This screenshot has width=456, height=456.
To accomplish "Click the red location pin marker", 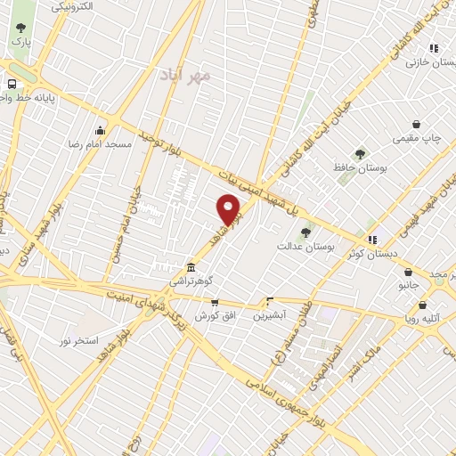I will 230,210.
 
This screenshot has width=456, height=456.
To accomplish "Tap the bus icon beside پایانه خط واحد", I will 11,83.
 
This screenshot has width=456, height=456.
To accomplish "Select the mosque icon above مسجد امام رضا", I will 101,130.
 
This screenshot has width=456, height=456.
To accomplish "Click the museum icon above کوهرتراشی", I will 191,268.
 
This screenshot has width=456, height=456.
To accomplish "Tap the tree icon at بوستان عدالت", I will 305,232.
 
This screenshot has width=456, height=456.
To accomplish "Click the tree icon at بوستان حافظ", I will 360,154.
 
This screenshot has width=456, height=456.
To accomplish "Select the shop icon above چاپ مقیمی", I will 416,126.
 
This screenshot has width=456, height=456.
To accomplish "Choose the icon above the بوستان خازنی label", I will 434,49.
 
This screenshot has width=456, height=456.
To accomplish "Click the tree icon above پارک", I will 20,28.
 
